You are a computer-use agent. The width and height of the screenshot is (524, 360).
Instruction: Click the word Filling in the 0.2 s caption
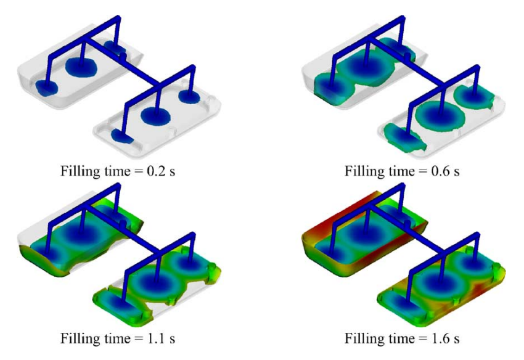point(80,172)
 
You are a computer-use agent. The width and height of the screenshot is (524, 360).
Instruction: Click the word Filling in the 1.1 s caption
point(80,339)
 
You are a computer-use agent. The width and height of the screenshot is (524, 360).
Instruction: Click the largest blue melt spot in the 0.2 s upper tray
point(81,67)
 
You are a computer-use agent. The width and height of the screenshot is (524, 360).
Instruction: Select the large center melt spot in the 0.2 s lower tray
point(155,116)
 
